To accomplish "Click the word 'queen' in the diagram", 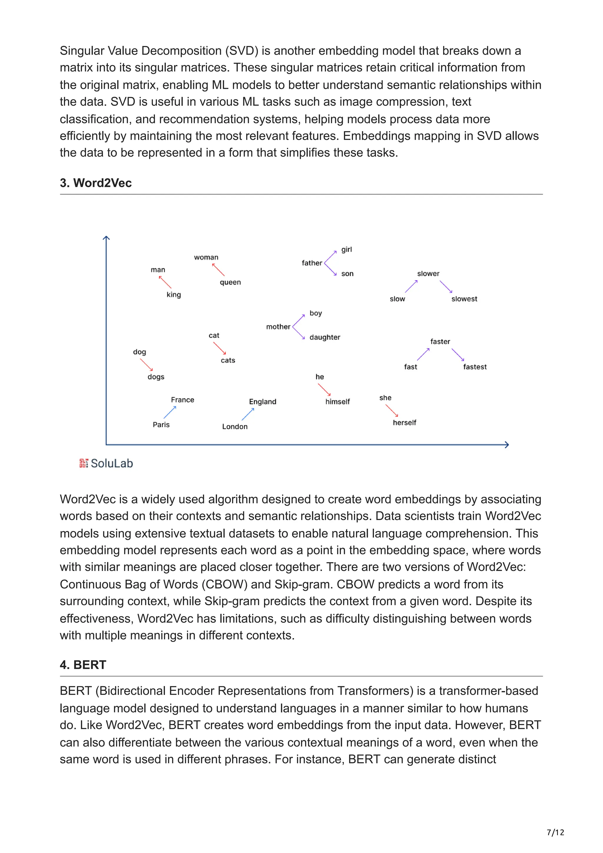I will pos(230,282).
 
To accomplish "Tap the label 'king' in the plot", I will pos(173,295).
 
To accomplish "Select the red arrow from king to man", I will pos(165,282).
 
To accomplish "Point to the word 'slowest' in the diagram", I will pos(464,299).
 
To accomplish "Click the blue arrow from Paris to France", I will pos(170,412).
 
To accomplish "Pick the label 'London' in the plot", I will pos(234,426).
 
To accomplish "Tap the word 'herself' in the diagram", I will pos(404,422).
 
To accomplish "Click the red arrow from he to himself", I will pos(324,389).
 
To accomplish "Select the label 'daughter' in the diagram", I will pos(325,337).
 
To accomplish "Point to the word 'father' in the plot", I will pos(312,263).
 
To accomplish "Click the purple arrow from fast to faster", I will pos(423,354).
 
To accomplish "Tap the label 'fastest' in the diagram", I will pos(474,367).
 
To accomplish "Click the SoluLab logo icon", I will pos(84,463).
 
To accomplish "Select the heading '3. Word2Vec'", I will pos(96,183).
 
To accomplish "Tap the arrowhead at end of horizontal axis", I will pos(507,444).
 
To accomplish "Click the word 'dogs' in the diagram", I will pos(156,377).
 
